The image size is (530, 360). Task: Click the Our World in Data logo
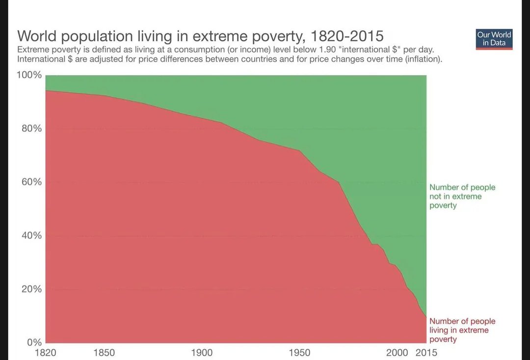tap(494, 39)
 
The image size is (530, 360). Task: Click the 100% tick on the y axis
tap(30, 75)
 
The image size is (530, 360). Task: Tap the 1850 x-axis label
tap(104, 353)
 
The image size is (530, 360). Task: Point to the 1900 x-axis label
tap(201, 353)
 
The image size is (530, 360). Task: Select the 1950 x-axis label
tap(299, 353)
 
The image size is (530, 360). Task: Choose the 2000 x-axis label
tap(397, 353)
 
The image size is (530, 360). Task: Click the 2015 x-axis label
tap(426, 353)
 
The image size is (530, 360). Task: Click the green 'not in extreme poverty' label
tap(462, 196)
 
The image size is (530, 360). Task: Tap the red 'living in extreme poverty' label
tap(462, 330)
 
